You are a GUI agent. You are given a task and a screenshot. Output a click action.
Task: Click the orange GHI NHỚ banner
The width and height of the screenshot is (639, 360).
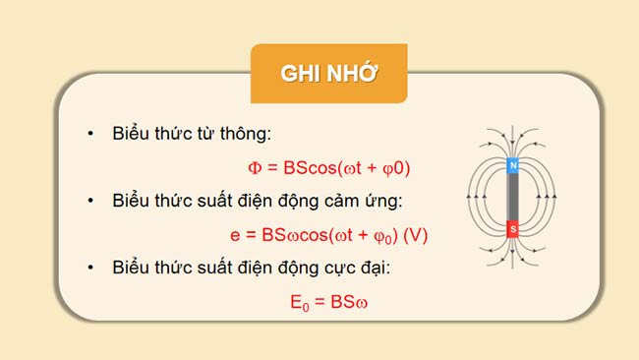pos(328,74)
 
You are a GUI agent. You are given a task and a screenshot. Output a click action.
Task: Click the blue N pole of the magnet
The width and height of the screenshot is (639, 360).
pos(511,166)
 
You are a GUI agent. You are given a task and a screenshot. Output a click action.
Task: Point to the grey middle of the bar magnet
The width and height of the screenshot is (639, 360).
pos(511,199)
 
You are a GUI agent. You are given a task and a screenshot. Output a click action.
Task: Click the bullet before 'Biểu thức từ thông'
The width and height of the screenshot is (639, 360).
pos(89,134)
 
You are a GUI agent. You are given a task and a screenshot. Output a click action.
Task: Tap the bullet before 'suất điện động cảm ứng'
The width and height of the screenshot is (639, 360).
pos(89,201)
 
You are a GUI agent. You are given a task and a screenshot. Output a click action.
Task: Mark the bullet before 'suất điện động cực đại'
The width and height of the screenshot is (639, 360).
pos(89,268)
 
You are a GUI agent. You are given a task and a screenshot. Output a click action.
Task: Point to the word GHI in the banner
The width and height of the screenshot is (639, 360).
pos(299,75)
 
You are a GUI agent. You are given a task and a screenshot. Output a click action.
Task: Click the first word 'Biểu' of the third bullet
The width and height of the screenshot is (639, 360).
pos(133,268)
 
